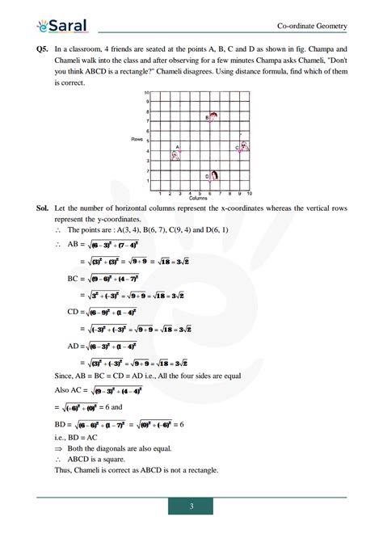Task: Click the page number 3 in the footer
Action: coord(191,506)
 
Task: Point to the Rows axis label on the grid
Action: coord(137,140)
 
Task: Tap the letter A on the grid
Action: coord(177,146)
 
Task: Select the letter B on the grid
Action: coord(207,118)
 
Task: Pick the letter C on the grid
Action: coord(238,148)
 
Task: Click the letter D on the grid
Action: coord(207,176)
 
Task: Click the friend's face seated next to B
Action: coord(213,116)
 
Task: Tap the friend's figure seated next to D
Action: coord(215,175)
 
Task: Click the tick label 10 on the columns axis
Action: coord(250,194)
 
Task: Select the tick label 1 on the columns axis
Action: coord(159,194)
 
